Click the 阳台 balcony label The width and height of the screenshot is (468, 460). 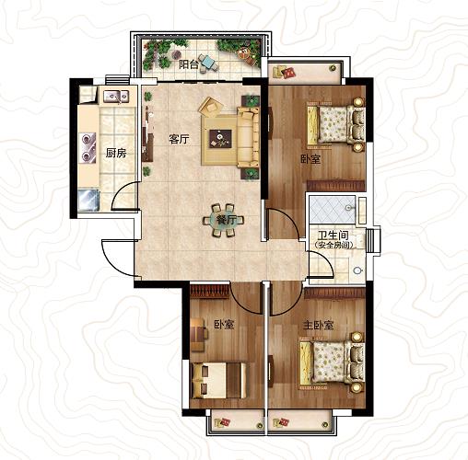[x=189, y=64]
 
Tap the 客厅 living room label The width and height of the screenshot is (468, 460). [x=180, y=140]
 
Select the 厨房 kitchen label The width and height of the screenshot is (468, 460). [x=116, y=153]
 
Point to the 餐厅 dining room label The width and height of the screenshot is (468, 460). [x=226, y=220]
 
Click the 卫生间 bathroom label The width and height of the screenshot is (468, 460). [x=333, y=236]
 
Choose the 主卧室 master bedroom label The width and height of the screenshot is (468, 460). [x=318, y=325]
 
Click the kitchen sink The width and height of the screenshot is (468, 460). [x=116, y=97]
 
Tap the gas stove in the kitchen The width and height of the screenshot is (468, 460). [x=88, y=148]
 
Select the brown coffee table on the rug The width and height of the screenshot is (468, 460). [x=220, y=139]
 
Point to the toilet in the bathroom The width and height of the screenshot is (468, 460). [x=358, y=270]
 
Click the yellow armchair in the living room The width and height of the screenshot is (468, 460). [x=211, y=106]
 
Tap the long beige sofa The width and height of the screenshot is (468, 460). [x=248, y=137]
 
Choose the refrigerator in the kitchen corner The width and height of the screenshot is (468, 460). [x=88, y=201]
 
